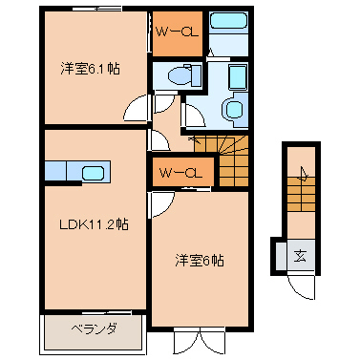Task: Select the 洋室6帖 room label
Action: pyautogui.click(x=199, y=260)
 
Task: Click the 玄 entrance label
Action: pyautogui.click(x=299, y=255)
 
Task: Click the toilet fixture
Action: pyautogui.click(x=178, y=75)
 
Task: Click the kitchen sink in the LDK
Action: pyautogui.click(x=94, y=173)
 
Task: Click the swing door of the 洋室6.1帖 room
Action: pyautogui.click(x=139, y=111)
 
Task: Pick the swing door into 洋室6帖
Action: pyautogui.click(x=159, y=204)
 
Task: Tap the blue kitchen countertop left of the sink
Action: pyautogui.click(x=59, y=173)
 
